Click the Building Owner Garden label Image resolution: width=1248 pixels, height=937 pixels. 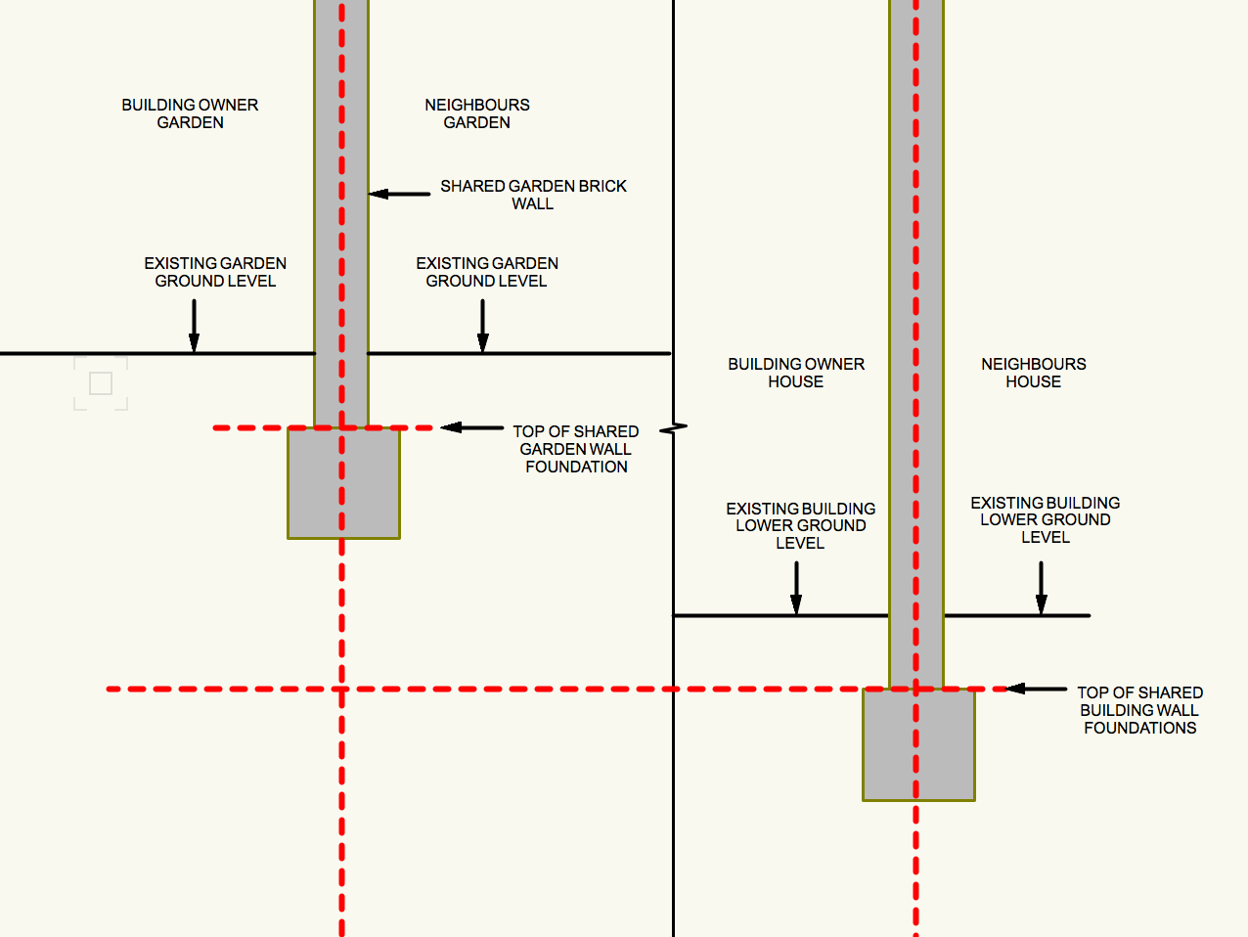click(x=190, y=113)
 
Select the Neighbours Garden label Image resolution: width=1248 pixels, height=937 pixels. click(x=477, y=113)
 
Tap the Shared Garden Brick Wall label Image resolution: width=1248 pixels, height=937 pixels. click(x=533, y=195)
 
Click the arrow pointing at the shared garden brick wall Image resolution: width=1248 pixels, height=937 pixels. click(x=399, y=194)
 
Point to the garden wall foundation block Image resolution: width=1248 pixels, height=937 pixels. click(x=344, y=483)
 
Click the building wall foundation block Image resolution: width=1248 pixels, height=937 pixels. click(x=918, y=744)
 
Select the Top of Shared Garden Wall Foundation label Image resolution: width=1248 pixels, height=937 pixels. click(x=576, y=449)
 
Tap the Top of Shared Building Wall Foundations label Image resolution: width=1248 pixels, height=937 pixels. click(x=1140, y=710)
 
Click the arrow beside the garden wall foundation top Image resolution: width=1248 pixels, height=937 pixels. click(x=471, y=427)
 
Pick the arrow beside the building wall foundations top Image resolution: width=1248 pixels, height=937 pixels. click(x=1036, y=690)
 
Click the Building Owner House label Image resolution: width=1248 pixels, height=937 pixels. click(x=796, y=373)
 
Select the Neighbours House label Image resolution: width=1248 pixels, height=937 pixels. click(x=1034, y=373)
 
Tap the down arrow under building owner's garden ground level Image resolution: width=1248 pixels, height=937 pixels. click(x=194, y=326)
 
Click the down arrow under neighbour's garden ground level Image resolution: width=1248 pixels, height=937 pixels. click(x=483, y=326)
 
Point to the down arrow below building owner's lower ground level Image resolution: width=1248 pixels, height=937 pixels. click(x=796, y=588)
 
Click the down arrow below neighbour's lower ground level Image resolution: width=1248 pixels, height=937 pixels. click(x=1041, y=588)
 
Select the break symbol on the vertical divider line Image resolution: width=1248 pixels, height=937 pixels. click(x=674, y=428)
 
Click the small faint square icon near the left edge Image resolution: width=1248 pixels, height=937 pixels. click(x=101, y=383)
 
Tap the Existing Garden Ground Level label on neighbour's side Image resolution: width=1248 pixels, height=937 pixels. click(x=487, y=272)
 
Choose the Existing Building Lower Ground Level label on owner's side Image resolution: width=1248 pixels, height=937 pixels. click(x=801, y=526)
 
